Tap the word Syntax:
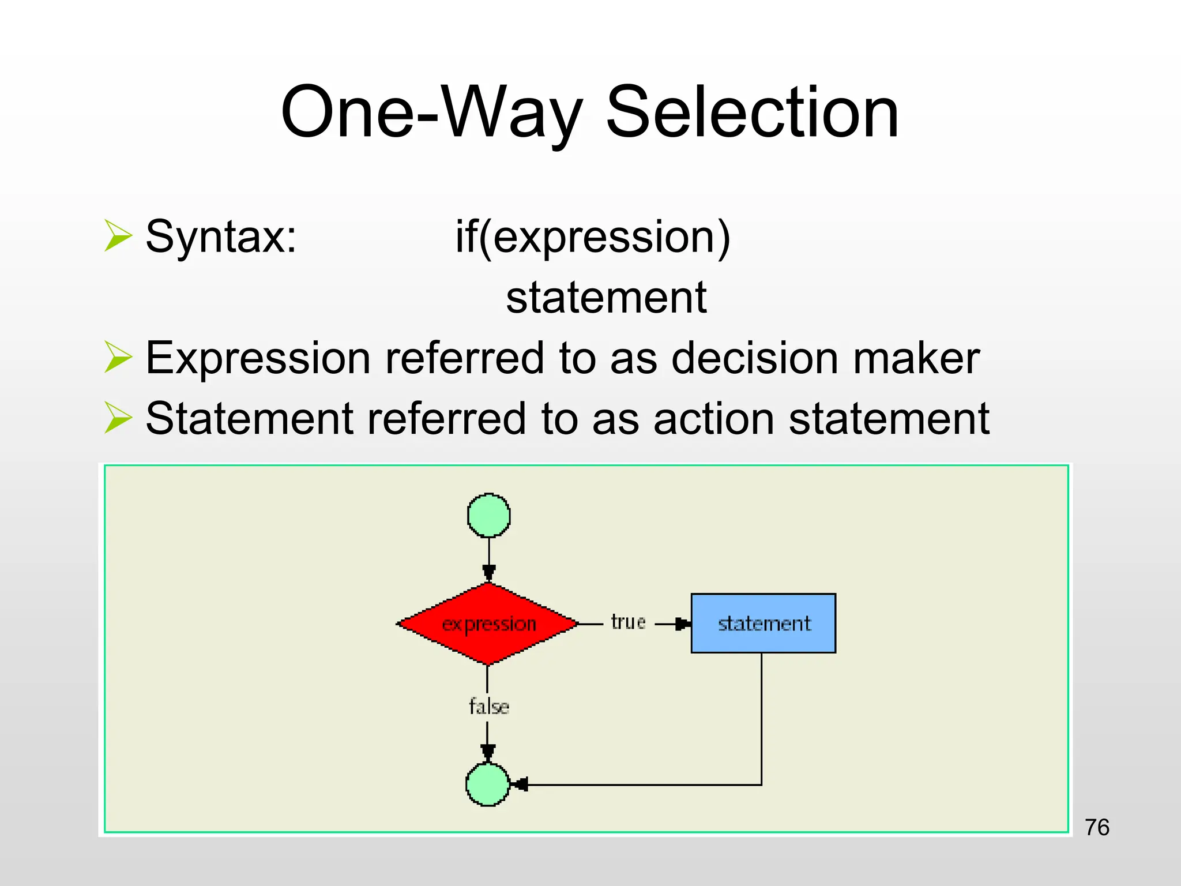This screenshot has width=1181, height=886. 221,236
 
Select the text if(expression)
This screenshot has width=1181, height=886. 593,237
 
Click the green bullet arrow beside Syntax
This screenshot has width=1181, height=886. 118,235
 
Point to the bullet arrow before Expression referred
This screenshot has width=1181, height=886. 118,357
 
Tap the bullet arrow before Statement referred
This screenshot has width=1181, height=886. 118,417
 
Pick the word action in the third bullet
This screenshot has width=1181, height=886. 714,418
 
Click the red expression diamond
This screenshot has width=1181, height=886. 488,624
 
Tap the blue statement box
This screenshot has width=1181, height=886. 763,623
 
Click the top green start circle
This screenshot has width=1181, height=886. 488,515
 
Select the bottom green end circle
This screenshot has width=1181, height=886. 488,784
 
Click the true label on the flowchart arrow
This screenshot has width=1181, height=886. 628,622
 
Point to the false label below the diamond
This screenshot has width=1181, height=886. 488,707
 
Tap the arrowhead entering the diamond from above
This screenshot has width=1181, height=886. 489,573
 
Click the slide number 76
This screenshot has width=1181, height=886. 1097,827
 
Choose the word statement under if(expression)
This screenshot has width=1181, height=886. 606,298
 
